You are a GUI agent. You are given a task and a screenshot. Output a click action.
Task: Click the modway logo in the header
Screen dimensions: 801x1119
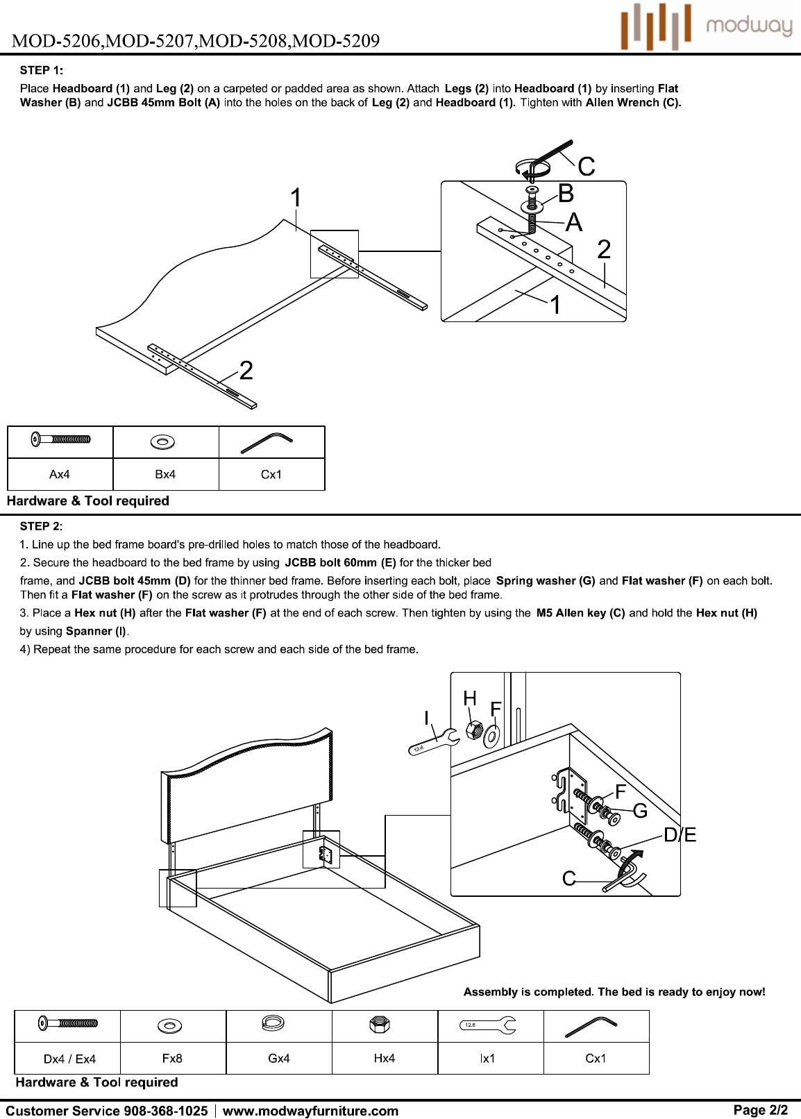[x=706, y=26]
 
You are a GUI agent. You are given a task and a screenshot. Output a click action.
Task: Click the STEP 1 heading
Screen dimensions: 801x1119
[x=42, y=70]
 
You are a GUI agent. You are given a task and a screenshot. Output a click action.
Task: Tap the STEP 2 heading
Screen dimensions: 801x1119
[x=41, y=527]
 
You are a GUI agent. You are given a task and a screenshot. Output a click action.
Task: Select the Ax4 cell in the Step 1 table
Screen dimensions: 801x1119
[x=60, y=474]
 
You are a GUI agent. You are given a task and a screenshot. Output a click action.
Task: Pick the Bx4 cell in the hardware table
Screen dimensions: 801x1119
[x=165, y=474]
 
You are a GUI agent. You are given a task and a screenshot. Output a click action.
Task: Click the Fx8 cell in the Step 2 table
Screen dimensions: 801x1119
[x=172, y=1058]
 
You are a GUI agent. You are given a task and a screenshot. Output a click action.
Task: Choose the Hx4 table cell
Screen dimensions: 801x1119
[x=385, y=1058]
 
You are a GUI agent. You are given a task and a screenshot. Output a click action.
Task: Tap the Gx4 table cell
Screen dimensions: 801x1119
[x=278, y=1058]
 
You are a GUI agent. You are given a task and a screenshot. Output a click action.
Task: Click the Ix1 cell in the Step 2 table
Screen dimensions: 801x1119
[x=487, y=1058]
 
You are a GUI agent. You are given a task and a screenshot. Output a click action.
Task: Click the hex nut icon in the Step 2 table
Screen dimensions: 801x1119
[x=380, y=1025]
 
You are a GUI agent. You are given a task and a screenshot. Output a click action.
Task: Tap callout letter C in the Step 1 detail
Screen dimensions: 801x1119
[x=587, y=167]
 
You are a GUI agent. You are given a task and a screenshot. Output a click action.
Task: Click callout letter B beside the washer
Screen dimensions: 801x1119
[x=566, y=194]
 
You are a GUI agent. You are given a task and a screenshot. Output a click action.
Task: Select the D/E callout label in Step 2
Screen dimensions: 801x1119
[x=680, y=835]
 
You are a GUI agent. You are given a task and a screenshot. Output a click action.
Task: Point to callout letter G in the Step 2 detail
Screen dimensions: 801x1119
[x=640, y=810]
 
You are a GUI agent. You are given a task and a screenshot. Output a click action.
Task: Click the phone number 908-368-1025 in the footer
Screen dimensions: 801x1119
[x=165, y=1111]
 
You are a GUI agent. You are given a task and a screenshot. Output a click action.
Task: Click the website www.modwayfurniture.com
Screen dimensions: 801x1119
[x=310, y=1111]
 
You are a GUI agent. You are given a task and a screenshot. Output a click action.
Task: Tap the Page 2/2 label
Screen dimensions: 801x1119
[x=761, y=1110]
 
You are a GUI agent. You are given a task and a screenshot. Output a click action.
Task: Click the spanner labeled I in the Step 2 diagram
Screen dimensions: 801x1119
[x=434, y=742]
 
